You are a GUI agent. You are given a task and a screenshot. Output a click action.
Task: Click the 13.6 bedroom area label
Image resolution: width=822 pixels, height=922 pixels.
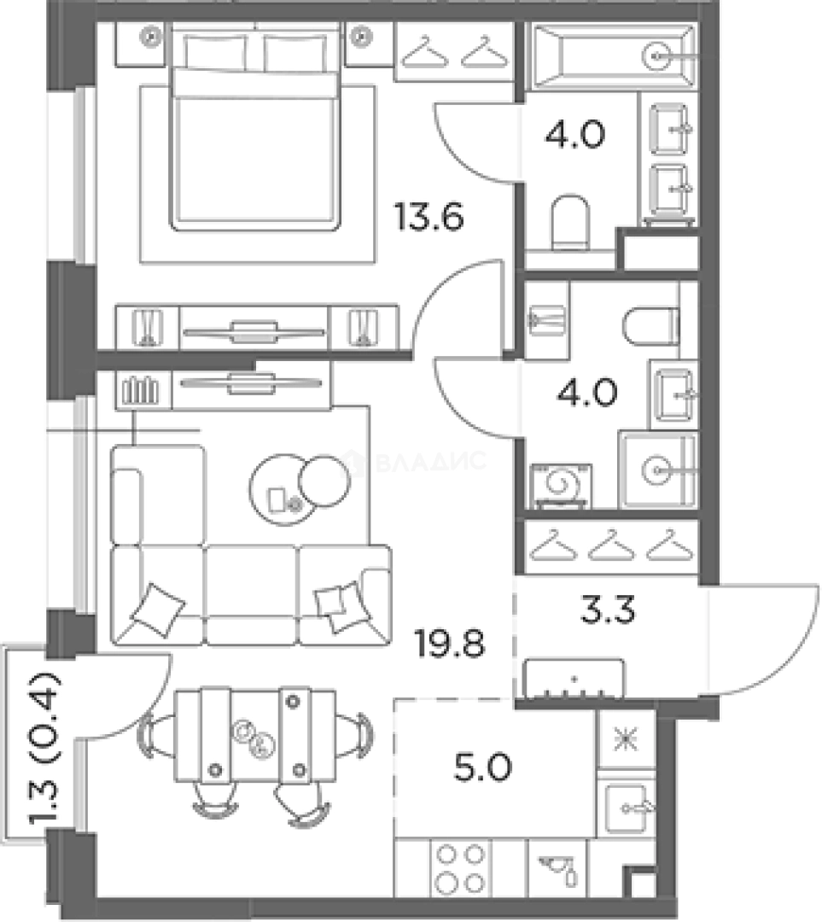pos(428,217)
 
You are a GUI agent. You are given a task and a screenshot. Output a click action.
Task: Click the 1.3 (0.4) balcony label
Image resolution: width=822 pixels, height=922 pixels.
pos(41,744)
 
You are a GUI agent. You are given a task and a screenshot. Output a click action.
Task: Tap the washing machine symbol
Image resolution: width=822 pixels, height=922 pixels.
pos(558,485)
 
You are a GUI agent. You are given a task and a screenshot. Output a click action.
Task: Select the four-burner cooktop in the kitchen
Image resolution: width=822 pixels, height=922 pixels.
pos(458,867)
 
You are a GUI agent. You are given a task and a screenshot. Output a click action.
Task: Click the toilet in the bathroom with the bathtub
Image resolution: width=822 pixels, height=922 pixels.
pos(569,220)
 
